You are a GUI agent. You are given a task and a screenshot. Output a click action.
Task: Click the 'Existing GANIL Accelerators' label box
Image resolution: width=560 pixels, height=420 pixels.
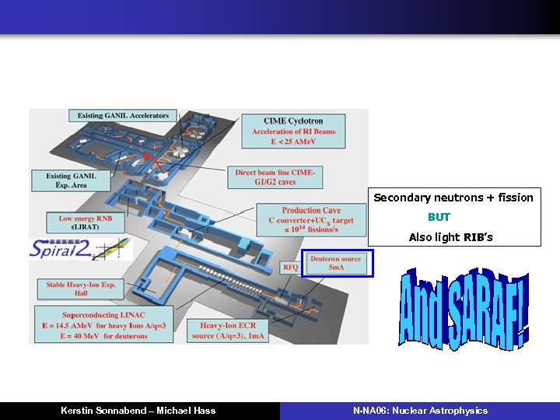point(123,116)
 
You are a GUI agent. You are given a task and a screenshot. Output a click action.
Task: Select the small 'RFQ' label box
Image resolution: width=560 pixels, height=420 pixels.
point(290,268)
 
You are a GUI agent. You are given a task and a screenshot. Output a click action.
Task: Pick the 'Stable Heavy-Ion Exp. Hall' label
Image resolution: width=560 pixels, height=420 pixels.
point(82,289)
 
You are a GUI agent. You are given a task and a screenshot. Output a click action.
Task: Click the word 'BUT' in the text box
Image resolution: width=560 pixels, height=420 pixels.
point(439,217)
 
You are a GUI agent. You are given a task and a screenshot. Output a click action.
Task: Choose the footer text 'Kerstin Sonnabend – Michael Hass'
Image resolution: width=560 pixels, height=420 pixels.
point(138,411)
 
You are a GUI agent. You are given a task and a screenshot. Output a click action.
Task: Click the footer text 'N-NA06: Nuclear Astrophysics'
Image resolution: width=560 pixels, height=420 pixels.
point(420,411)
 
